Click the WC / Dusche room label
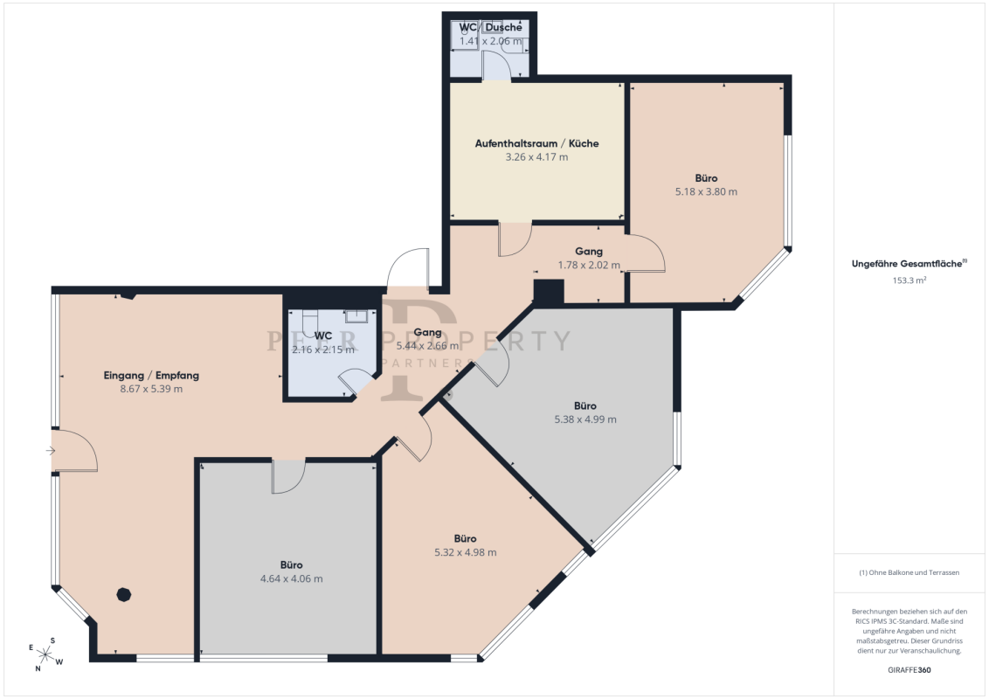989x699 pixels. pos(490,28)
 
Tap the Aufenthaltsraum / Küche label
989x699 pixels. pos(536,143)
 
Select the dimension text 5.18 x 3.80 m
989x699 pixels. pos(706,191)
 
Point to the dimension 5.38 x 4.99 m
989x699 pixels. pos(585,419)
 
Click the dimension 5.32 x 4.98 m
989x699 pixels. pos(466,552)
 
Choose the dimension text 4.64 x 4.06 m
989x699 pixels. pos(292,579)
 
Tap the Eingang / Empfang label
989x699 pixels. pos(151,376)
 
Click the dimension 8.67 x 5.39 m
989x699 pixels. pos(151,389)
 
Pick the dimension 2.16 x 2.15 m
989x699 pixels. pos(323,349)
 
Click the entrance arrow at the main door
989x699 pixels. pos(51,451)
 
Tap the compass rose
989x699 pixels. pos(45,654)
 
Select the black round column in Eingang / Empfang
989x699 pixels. pos(124,594)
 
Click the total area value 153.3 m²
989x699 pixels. pos(909,280)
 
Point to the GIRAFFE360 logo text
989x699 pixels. pos(909,670)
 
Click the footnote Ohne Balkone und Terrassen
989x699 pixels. pos(909,573)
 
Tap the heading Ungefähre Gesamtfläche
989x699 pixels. pos(909,264)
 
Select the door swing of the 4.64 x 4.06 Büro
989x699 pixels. pos(288,477)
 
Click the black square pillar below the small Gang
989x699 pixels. pos(548,293)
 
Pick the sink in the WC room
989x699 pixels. pos(356,316)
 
